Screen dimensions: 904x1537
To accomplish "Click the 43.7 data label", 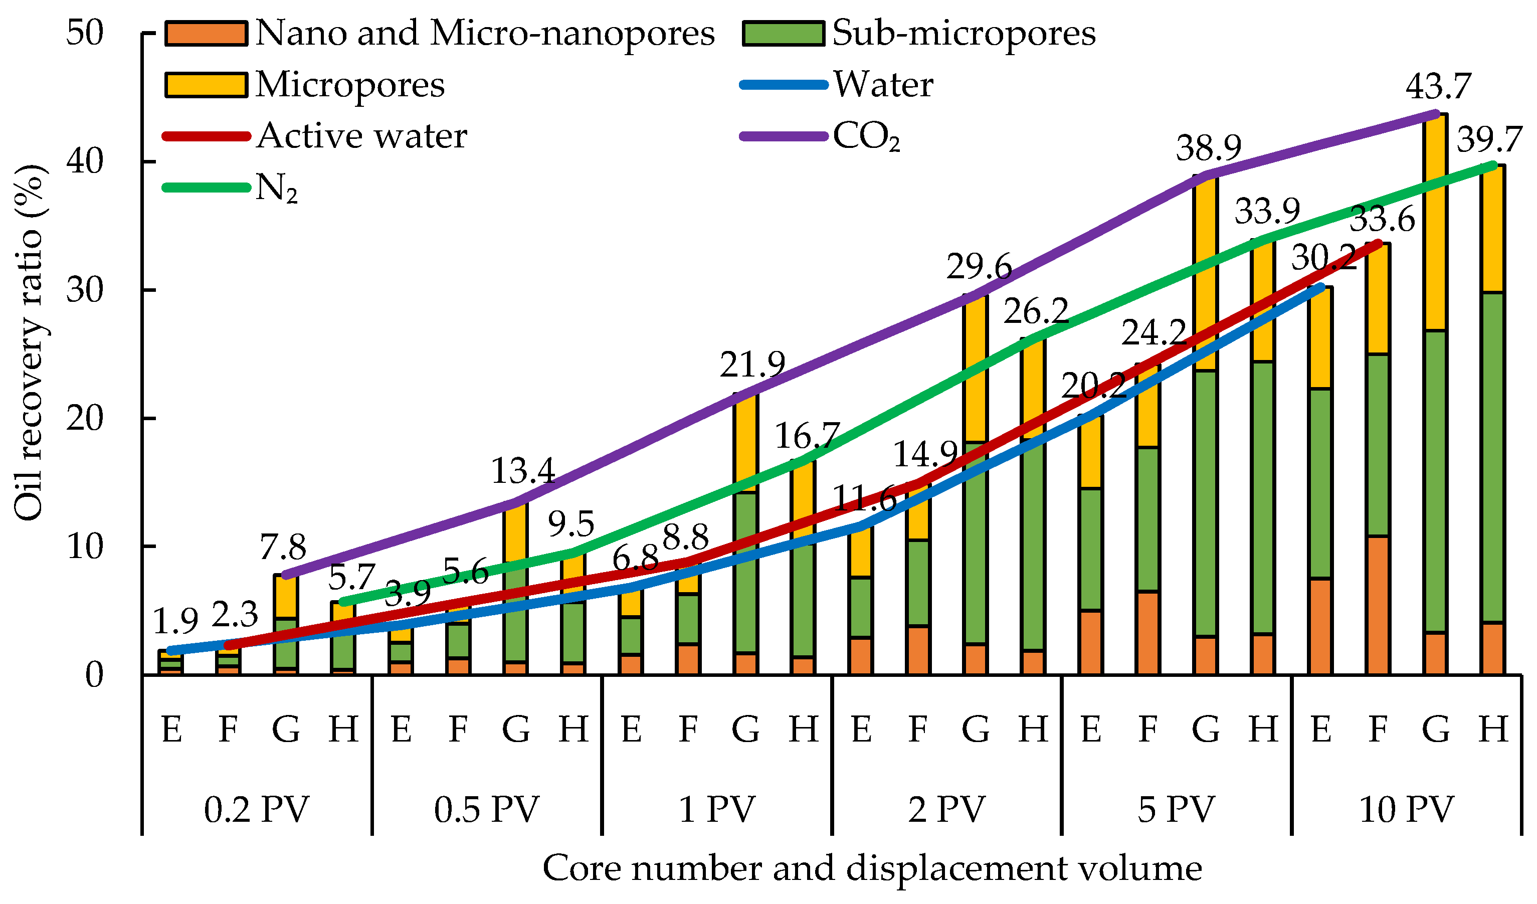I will tap(1438, 87).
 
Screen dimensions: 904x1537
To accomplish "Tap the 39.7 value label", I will tap(1489, 140).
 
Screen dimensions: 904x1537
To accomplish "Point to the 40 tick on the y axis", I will tap(85, 161).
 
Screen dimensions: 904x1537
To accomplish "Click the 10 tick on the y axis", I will tap(85, 547).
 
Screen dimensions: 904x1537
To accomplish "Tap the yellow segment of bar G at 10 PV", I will tap(1435, 223).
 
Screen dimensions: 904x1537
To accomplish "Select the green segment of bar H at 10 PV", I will tap(1492, 457).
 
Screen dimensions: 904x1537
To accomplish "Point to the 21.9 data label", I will tap(751, 366).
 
